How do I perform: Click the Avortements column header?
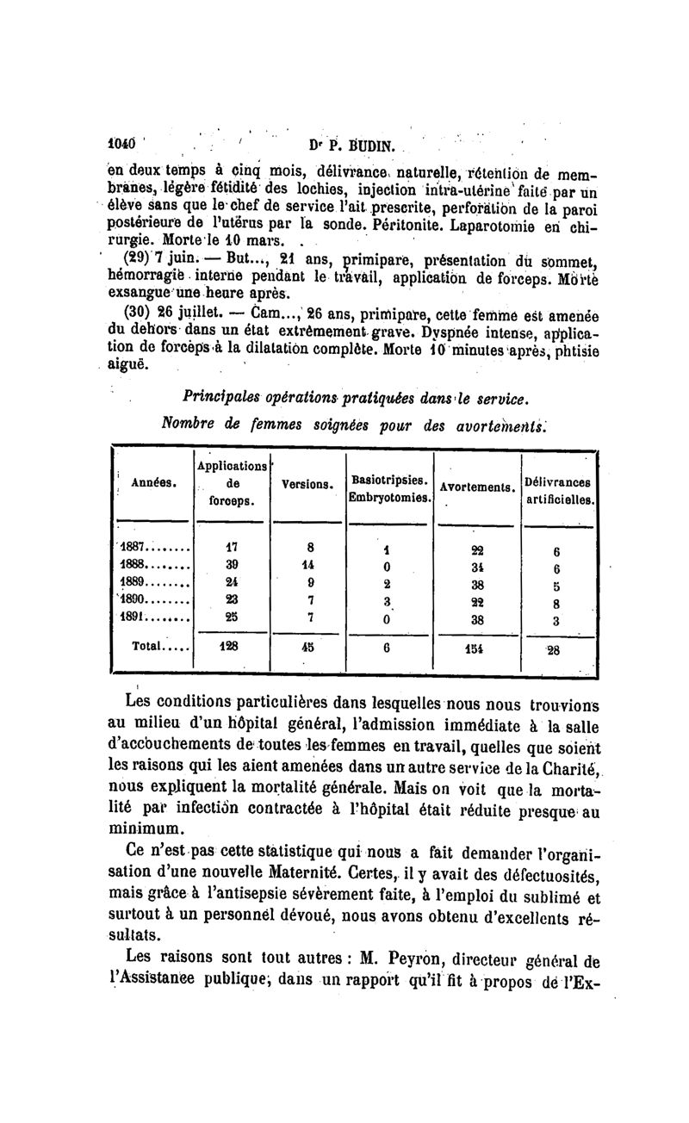[x=477, y=487]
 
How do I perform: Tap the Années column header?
[x=154, y=482]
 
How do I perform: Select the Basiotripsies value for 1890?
[x=388, y=600]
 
